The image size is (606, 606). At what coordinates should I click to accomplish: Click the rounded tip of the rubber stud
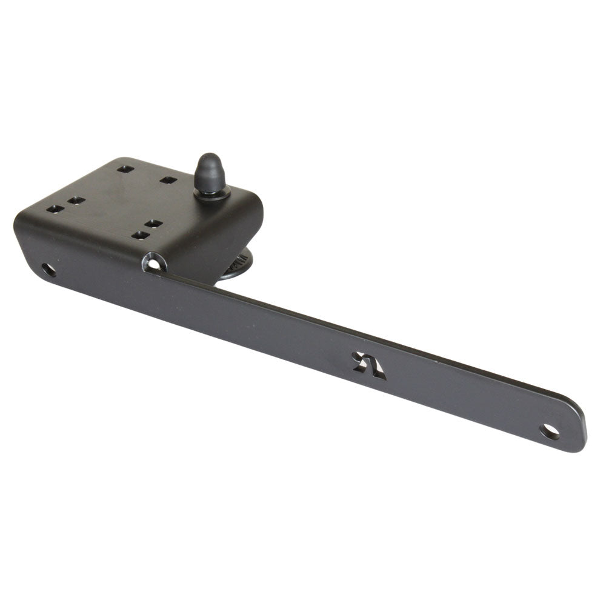(209, 161)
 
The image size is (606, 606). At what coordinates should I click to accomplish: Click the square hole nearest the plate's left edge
(55, 209)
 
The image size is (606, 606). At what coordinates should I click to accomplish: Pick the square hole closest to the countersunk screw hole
(141, 235)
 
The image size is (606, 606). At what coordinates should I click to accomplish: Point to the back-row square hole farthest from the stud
(125, 169)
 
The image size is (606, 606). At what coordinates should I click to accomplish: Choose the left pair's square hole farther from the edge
(76, 200)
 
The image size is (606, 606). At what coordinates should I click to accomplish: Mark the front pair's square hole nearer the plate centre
(154, 224)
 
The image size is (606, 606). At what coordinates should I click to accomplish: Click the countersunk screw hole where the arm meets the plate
(154, 263)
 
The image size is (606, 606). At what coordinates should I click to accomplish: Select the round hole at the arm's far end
(550, 431)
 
